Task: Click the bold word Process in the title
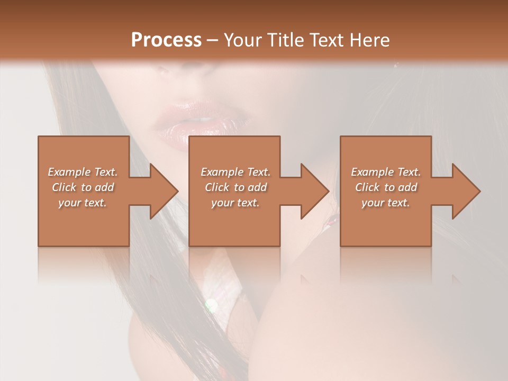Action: [166, 40]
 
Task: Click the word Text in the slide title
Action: [325, 40]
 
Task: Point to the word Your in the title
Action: [242, 40]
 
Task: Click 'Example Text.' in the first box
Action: [83, 172]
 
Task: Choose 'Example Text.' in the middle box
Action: [235, 172]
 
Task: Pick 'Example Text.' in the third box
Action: [386, 172]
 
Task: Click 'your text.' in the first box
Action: [83, 203]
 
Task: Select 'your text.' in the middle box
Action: [235, 203]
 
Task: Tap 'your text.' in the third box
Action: [386, 203]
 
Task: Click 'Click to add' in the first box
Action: [83, 187]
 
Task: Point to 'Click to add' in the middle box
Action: [235, 187]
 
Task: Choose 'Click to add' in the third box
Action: [386, 187]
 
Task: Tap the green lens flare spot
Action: [211, 305]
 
